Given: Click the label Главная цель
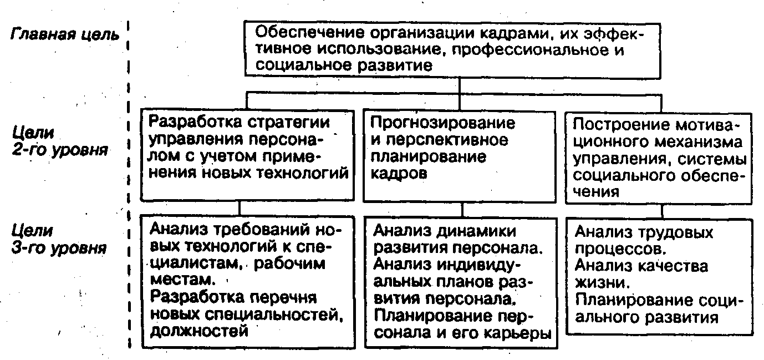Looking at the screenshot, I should (65, 34).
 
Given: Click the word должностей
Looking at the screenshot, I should (198, 331).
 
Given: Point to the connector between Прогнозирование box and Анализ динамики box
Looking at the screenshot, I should (461, 210).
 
